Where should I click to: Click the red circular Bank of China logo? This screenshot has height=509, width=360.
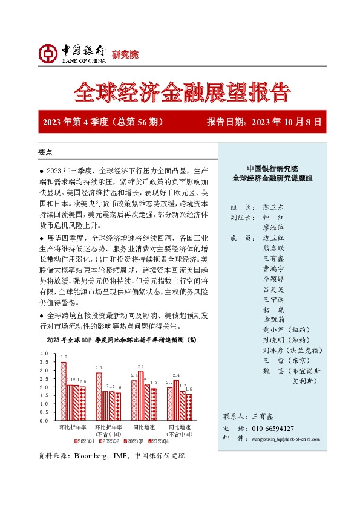click(50, 55)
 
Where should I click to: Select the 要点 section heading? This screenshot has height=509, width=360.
click(45, 152)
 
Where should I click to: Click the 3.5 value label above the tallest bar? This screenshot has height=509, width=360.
click(64, 357)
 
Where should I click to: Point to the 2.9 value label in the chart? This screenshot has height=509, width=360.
click(141, 367)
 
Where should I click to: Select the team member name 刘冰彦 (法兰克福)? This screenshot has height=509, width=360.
click(286, 350)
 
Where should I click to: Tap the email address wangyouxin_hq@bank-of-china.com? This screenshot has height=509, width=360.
click(283, 438)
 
